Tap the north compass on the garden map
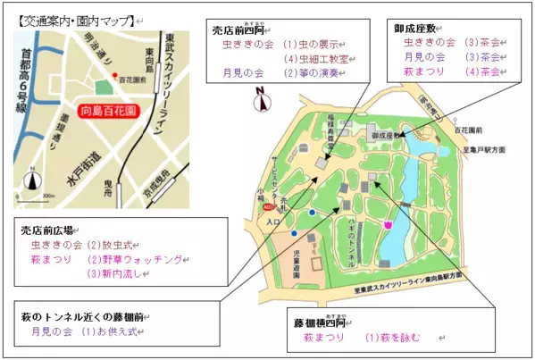[x=260, y=100]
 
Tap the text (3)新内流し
[x=117, y=275]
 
